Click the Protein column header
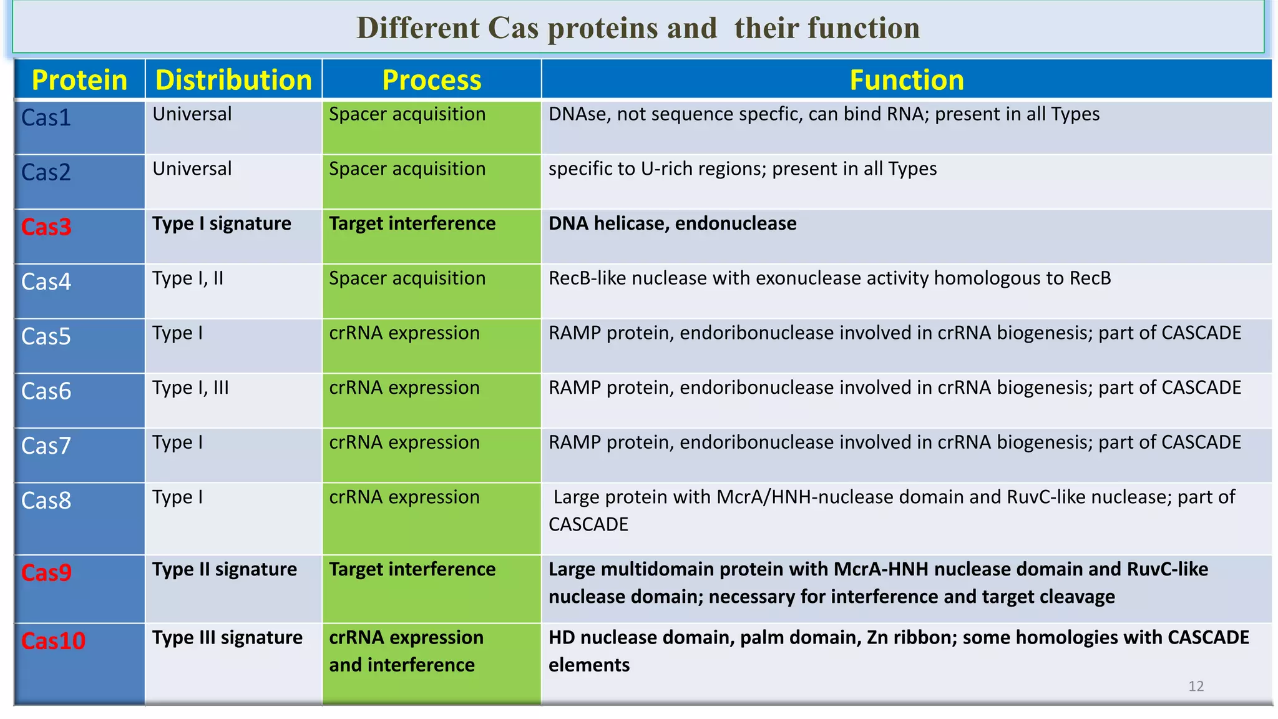(79, 80)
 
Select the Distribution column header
(233, 80)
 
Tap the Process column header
(431, 80)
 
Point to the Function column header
(906, 80)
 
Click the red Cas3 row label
(46, 227)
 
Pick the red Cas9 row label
(46, 572)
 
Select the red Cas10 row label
(53, 641)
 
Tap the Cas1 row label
(46, 117)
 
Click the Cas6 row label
(46, 391)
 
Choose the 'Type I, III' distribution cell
(190, 388)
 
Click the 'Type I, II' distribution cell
(187, 278)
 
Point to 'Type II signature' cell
(224, 569)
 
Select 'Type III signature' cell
(227, 638)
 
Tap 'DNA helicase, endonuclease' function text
(672, 223)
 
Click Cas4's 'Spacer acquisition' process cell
(407, 278)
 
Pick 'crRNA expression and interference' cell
(406, 651)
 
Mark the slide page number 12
(1196, 686)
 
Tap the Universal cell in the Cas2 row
(192, 169)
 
